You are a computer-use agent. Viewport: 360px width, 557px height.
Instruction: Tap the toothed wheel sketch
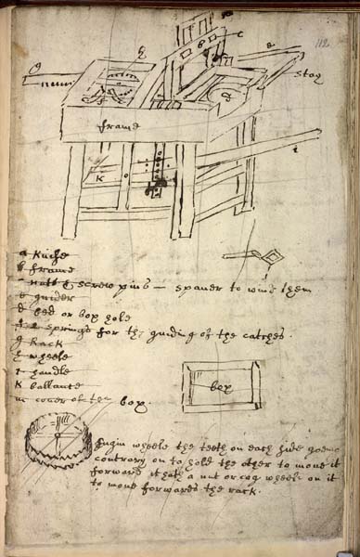coord(58,456)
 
